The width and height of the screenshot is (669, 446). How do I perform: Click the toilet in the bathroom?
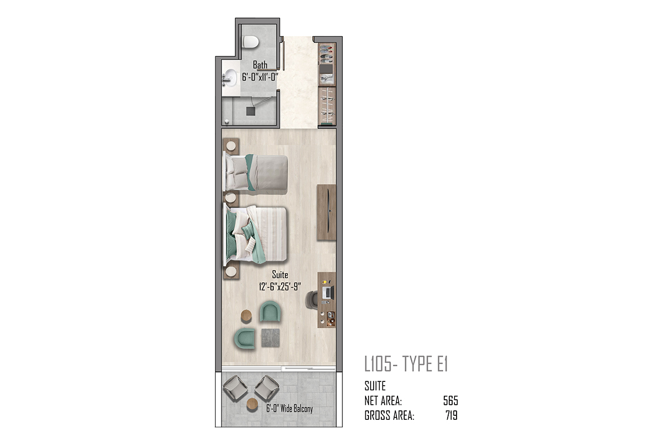point(250,41)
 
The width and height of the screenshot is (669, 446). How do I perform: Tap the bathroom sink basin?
point(231,77)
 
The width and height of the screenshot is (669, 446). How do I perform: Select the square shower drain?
point(250,111)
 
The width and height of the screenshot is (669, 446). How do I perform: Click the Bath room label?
point(260,65)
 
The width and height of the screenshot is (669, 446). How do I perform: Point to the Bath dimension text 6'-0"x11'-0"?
point(260,77)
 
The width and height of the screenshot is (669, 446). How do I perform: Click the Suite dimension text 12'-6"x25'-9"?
point(280,287)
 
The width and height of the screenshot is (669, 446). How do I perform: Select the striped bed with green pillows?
point(256,235)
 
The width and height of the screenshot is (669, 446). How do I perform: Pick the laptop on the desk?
point(328,293)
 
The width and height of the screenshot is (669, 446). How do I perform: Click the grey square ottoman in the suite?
point(270,338)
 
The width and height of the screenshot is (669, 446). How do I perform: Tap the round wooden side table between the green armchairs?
point(246,316)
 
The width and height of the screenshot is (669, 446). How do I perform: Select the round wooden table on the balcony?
point(253,404)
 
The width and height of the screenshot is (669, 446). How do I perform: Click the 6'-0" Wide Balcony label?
point(289,408)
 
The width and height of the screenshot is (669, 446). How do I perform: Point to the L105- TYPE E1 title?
point(406,364)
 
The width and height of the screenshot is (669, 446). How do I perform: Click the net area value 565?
point(450,401)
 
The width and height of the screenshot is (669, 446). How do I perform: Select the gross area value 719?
point(452,415)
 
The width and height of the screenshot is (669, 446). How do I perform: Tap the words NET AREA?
point(383,401)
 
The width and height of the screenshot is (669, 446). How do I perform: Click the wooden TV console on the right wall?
point(327,212)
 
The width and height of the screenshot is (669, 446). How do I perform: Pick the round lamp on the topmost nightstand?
point(231,146)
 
